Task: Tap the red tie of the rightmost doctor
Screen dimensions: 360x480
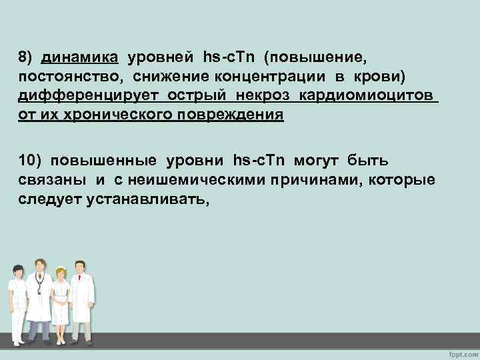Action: pos(80,286)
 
